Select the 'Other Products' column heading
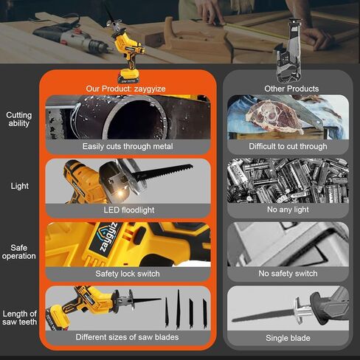coord(291,89)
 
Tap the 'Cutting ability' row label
coord(19,120)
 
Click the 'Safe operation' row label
coord(19,252)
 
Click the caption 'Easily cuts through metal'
coord(128,147)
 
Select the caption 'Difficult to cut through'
coord(287,147)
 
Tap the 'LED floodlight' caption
coord(128,210)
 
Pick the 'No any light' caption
coord(287,210)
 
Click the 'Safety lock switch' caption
coord(128,274)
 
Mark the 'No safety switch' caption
coord(287,274)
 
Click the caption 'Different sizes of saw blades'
coord(128,337)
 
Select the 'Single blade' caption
coord(287,338)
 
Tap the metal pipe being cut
coord(103,118)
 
